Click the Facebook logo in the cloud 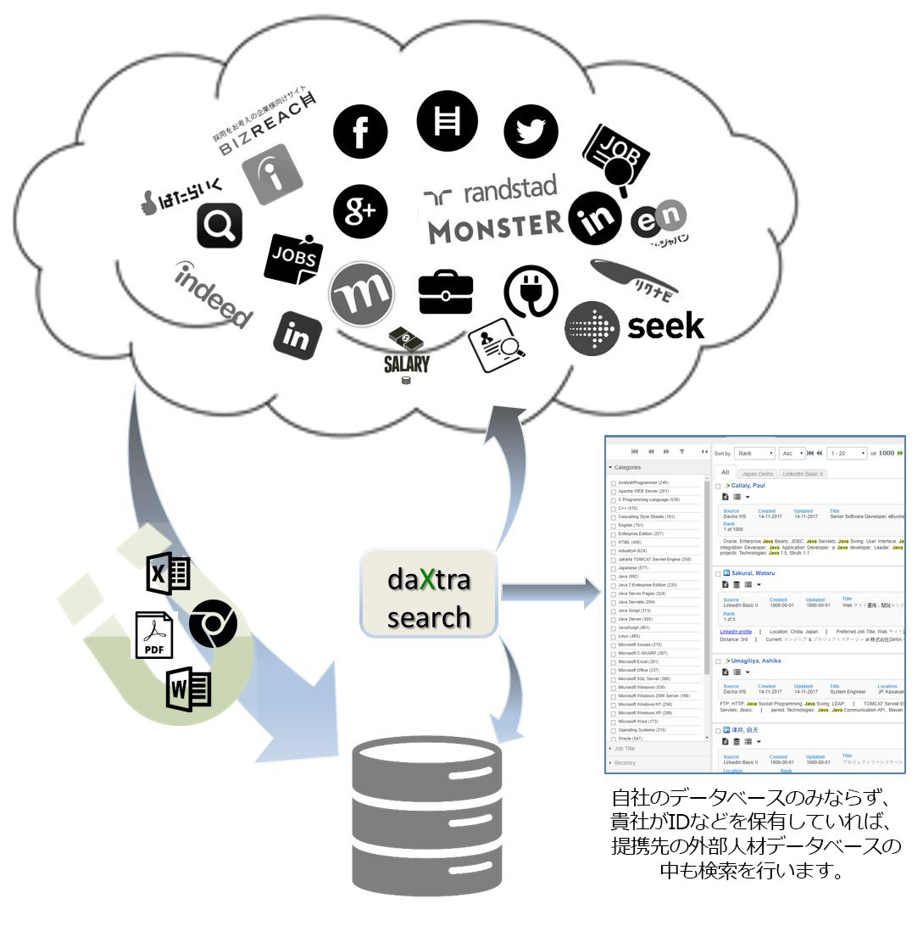pyautogui.click(x=360, y=133)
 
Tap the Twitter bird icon pyautogui.click(x=531, y=131)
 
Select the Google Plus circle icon pyautogui.click(x=360, y=211)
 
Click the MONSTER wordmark pyautogui.click(x=495, y=226)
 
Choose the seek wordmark pyautogui.click(x=665, y=326)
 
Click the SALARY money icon pyautogui.click(x=406, y=353)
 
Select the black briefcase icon pyautogui.click(x=446, y=293)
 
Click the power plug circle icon pyautogui.click(x=531, y=293)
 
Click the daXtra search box pyautogui.click(x=429, y=594)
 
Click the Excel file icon pyautogui.click(x=169, y=573)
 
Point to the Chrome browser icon pyautogui.click(x=213, y=624)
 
